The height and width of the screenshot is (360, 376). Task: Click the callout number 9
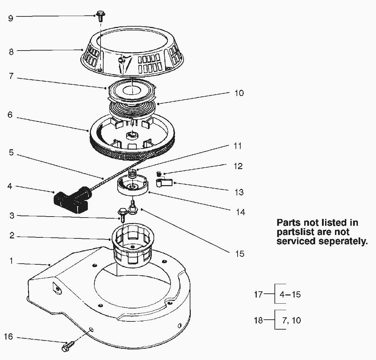point(11,18)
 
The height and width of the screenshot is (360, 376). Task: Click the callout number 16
point(8,336)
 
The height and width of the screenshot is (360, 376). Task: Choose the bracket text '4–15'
point(290,294)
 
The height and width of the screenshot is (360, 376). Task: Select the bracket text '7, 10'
point(292,320)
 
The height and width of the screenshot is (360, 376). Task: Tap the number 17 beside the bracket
point(258,294)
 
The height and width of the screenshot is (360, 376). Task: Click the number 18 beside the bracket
point(258,320)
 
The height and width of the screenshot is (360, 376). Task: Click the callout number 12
point(238,166)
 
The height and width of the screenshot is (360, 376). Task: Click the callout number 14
point(241,212)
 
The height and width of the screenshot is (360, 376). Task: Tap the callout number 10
point(239,93)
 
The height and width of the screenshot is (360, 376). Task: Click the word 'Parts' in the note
point(289,223)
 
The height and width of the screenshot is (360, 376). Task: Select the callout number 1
point(11,261)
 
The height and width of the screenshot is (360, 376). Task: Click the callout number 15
point(240,254)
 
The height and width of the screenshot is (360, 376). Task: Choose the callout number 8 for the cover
point(11,52)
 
